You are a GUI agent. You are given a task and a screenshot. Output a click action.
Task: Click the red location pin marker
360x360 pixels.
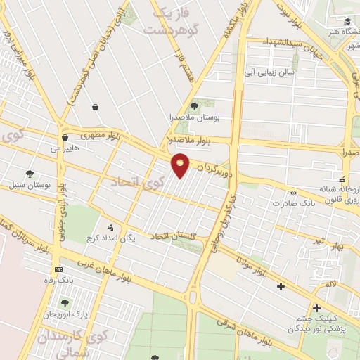pyautogui.click(x=181, y=165)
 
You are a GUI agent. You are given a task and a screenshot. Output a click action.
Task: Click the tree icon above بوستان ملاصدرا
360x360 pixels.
pyautogui.click(x=195, y=105)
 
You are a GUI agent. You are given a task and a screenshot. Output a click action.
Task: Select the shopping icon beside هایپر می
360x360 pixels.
pyautogui.click(x=65, y=137)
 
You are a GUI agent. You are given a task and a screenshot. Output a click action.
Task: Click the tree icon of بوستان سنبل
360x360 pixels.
pyautogui.click(x=29, y=173)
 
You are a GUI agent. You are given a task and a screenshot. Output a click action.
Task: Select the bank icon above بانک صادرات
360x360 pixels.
pyautogui.click(x=293, y=193)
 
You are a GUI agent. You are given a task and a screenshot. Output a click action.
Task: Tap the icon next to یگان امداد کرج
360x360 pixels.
pyautogui.click(x=110, y=227)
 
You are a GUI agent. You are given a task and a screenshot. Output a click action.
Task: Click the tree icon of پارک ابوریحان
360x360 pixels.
pyautogui.click(x=65, y=303)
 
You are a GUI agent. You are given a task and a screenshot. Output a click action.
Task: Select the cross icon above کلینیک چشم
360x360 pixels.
pyautogui.click(x=316, y=308)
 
